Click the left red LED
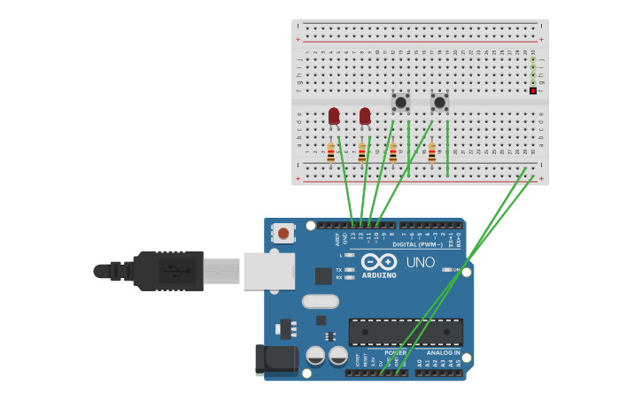click(x=334, y=115)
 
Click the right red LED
click(x=365, y=115)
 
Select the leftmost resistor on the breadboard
click(x=331, y=153)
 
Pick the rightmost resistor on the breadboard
click(x=432, y=153)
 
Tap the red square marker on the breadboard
click(x=532, y=90)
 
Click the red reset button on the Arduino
click(x=282, y=233)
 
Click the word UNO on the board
click(x=421, y=262)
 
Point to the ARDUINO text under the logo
click(x=379, y=275)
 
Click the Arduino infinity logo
click(x=379, y=262)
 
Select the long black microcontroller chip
click(x=406, y=331)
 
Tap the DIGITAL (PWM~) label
click(x=417, y=244)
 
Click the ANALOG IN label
click(x=444, y=353)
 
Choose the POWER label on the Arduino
click(x=395, y=353)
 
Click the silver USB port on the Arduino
click(x=269, y=271)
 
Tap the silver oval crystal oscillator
click(x=320, y=301)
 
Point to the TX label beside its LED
click(x=340, y=269)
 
